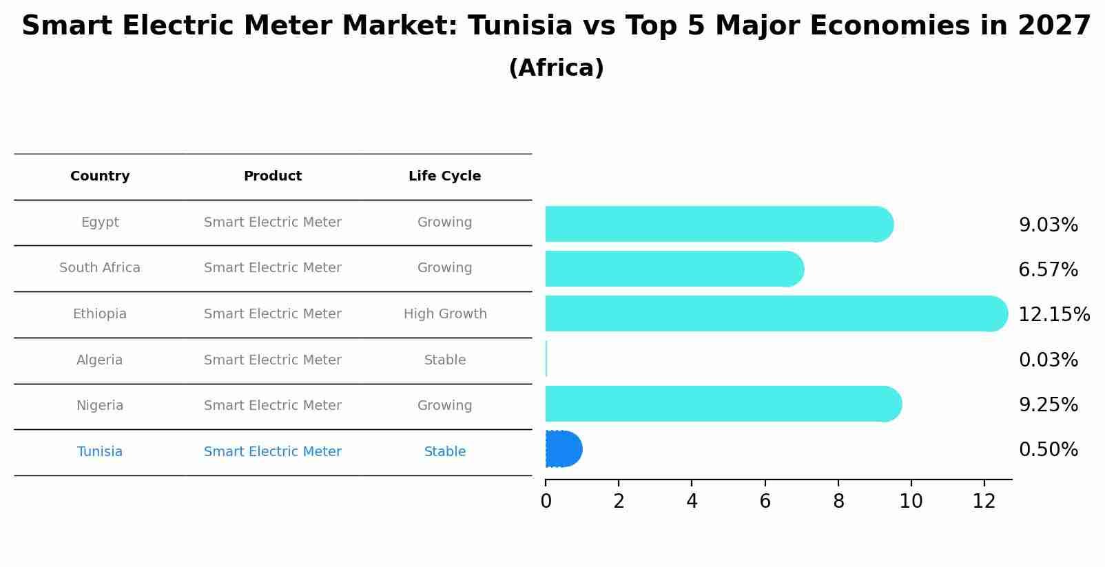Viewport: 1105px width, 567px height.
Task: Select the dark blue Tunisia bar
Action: (x=563, y=449)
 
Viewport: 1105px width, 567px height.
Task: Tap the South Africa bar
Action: (x=674, y=269)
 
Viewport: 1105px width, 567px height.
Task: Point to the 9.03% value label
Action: (x=1048, y=225)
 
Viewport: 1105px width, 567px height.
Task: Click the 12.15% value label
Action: (x=1053, y=314)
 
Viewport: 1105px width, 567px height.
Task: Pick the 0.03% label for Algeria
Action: (x=1048, y=360)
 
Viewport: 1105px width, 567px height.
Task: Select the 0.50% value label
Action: (x=1048, y=450)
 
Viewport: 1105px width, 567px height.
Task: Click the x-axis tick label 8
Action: (x=838, y=502)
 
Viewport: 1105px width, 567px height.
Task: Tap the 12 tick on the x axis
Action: (x=984, y=502)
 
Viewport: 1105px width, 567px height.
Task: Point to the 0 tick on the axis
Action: (x=546, y=502)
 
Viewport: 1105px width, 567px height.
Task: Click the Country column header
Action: (x=100, y=176)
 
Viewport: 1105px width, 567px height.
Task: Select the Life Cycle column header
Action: (x=444, y=176)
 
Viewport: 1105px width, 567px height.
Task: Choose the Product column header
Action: (x=272, y=176)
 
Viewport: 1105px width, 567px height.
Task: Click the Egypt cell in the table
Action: (x=100, y=223)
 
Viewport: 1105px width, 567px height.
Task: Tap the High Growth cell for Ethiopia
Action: (x=445, y=314)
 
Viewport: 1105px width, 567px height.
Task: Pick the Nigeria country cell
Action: (x=100, y=406)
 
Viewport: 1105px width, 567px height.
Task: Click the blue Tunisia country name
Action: (x=100, y=452)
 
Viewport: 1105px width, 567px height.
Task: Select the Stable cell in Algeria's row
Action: (x=445, y=360)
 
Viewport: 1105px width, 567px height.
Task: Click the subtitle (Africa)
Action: (x=556, y=68)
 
